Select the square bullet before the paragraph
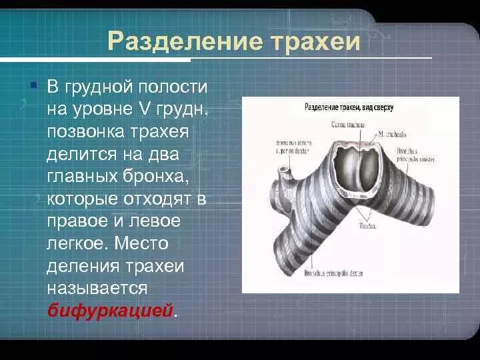coord(33,85)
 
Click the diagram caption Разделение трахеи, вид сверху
coord(349,107)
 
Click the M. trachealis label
coord(391,134)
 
